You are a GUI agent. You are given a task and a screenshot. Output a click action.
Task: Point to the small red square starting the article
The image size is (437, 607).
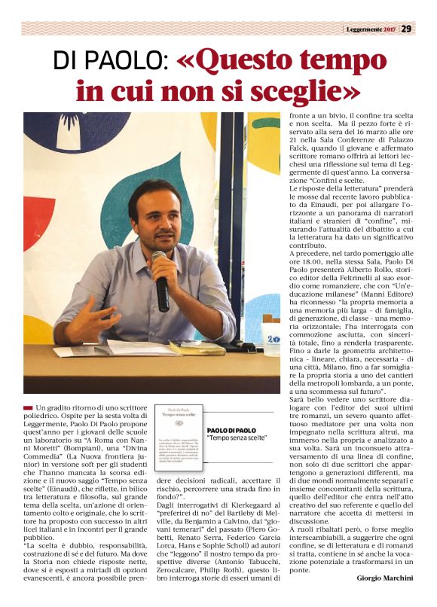(x=28, y=407)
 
